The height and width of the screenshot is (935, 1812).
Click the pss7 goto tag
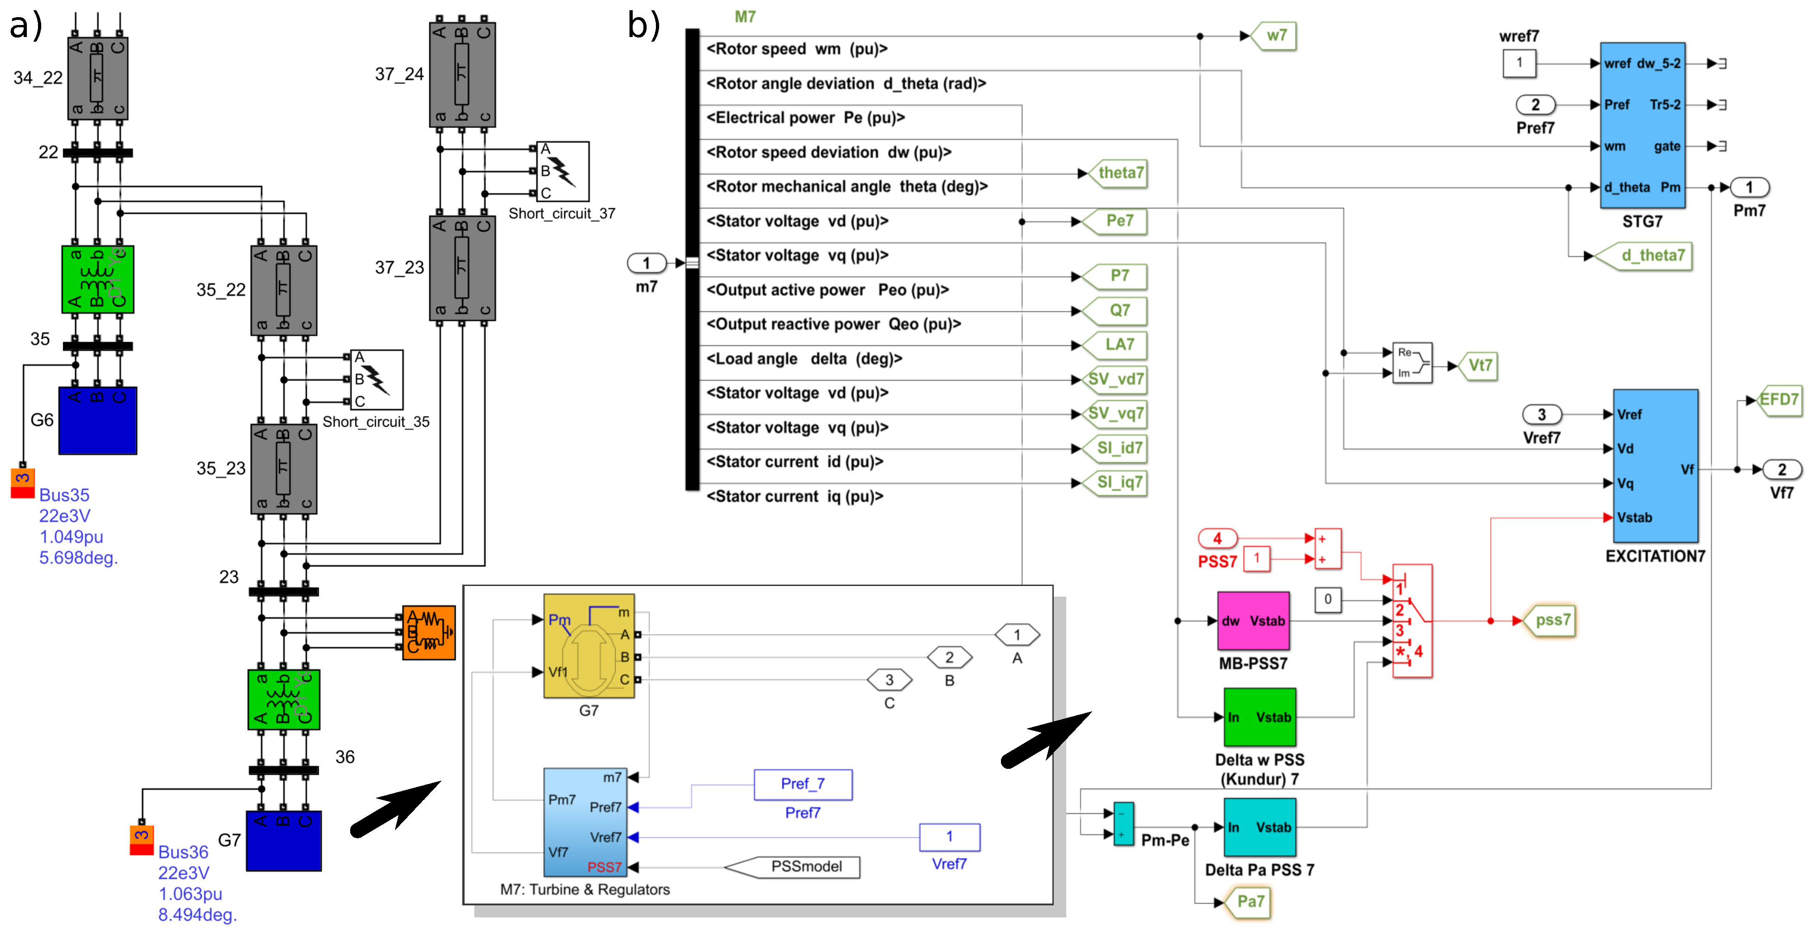1550,621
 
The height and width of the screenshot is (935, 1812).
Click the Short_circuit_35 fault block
376,380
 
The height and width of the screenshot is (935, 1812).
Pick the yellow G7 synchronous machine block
588,646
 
